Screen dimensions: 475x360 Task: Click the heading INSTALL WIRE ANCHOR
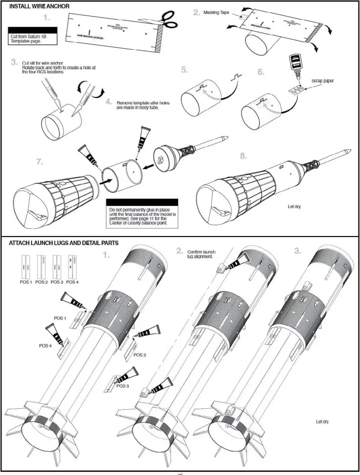tap(40, 6)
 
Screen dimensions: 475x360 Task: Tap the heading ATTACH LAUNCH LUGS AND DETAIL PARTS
tap(64, 243)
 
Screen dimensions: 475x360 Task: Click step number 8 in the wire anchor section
tap(243, 156)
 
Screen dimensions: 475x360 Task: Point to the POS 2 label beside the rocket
tap(141, 354)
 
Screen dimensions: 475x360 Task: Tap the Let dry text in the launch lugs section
tap(323, 422)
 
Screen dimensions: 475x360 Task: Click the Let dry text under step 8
tap(294, 206)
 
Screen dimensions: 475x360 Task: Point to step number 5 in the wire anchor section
tap(185, 70)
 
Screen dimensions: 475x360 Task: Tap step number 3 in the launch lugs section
tap(298, 252)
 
